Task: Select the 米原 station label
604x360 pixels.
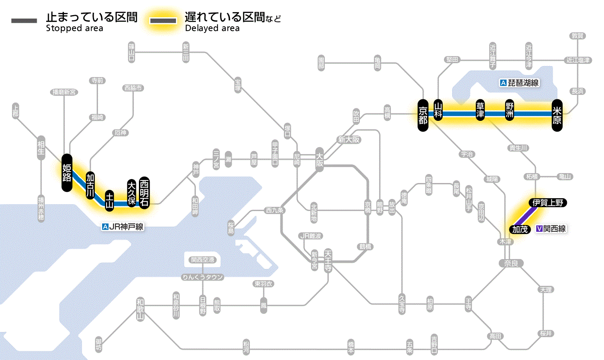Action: point(557,114)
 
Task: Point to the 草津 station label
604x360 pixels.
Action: point(480,111)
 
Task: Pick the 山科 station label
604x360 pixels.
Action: point(438,111)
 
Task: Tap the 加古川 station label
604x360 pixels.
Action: point(90,186)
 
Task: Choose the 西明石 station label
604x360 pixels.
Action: point(144,192)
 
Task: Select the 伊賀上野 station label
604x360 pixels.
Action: point(548,203)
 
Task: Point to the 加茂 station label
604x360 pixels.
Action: point(520,229)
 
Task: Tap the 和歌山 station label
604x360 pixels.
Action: point(140,309)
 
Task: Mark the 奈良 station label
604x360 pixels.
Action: point(511,263)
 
